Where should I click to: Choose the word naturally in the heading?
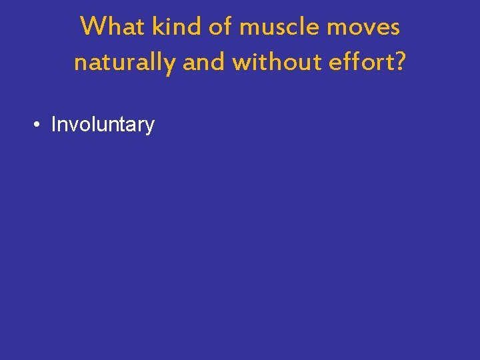[125, 63]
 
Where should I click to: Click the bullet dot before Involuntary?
[39, 125]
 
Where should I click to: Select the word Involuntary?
[103, 125]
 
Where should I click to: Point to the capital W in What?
[92, 27]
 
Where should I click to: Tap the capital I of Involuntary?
[54, 125]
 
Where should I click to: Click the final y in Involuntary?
[150, 127]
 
